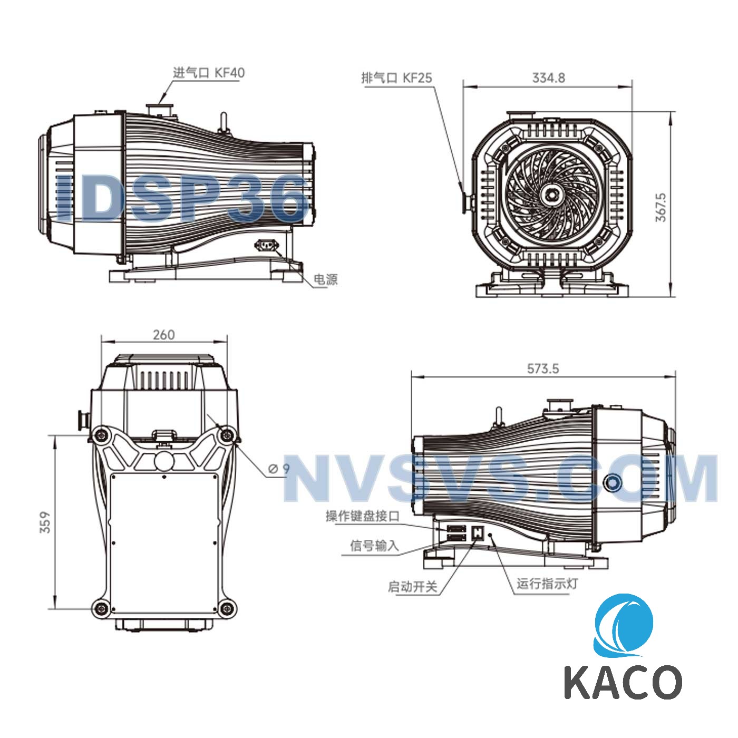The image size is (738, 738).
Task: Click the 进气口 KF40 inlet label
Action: pos(209,72)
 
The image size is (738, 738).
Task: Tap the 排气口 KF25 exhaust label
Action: pos(396,78)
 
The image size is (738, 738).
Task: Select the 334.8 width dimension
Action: pos(548,78)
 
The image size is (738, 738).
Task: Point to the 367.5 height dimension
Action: pos(661,207)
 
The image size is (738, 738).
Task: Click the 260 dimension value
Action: pos(163,335)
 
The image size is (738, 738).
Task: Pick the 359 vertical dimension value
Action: pos(45,522)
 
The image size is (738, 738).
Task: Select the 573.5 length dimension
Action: pos(543,368)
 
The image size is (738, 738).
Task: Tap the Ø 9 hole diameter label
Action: pos(279,468)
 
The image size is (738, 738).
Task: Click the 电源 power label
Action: pos(325,279)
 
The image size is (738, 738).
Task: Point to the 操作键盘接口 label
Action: pos(363,516)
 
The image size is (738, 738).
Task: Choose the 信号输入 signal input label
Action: pos(374,546)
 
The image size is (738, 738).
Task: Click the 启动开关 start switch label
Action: pos(413,587)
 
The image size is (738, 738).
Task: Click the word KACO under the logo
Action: pos(623,682)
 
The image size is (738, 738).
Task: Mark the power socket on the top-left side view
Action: pos(266,246)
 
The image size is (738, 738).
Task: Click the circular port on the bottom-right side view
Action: pos(613,481)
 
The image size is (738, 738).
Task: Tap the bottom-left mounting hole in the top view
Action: pos(100,609)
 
